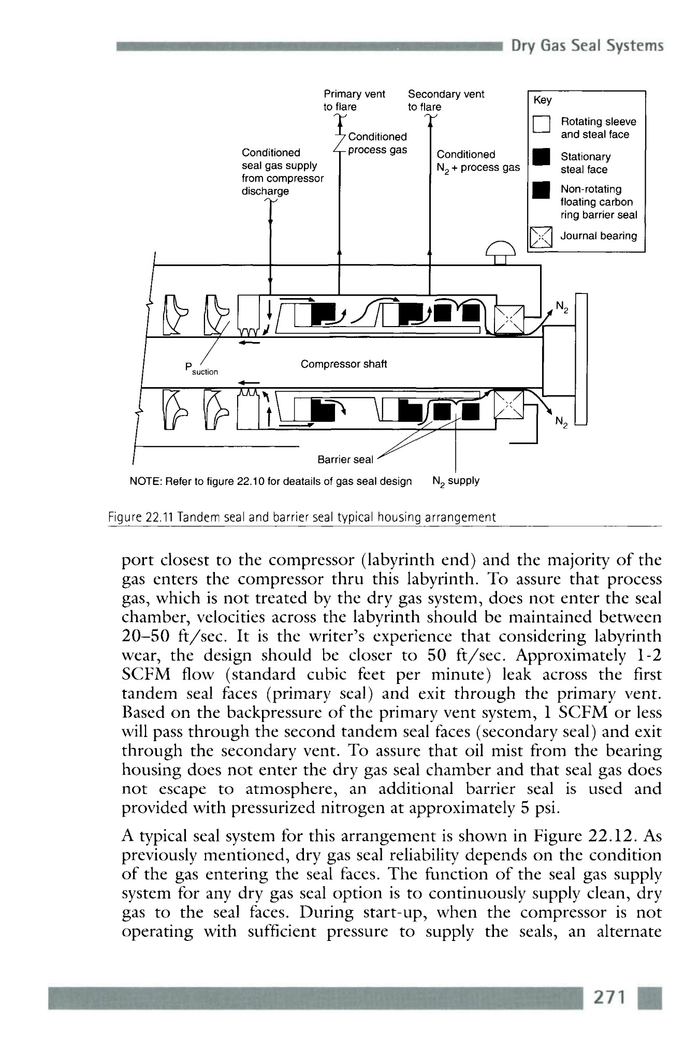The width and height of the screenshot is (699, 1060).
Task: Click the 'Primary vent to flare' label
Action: tap(354, 100)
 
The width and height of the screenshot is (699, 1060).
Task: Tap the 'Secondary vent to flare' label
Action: tap(445, 100)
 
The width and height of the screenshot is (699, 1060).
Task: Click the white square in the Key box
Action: tap(541, 124)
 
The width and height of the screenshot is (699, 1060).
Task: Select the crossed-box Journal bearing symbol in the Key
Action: tap(541, 238)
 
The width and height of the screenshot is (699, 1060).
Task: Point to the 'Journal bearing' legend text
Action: tap(599, 236)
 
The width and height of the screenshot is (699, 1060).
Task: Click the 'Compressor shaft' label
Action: tap(343, 364)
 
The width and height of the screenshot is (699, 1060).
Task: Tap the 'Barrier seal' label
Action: tap(344, 459)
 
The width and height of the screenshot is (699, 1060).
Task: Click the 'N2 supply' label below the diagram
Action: tap(456, 481)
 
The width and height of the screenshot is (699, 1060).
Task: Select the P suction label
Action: tap(201, 369)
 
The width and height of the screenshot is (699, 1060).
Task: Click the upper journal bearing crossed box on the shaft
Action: tap(509, 319)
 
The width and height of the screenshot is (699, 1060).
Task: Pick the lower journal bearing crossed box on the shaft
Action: tap(508, 405)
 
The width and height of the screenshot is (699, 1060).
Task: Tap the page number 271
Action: tap(609, 997)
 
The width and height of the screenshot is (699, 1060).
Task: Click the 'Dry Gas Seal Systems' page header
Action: tap(587, 46)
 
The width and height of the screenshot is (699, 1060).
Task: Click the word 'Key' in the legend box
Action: tap(542, 100)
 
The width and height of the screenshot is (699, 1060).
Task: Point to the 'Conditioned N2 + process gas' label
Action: tap(477, 161)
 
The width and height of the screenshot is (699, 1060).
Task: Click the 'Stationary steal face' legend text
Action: tap(586, 163)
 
